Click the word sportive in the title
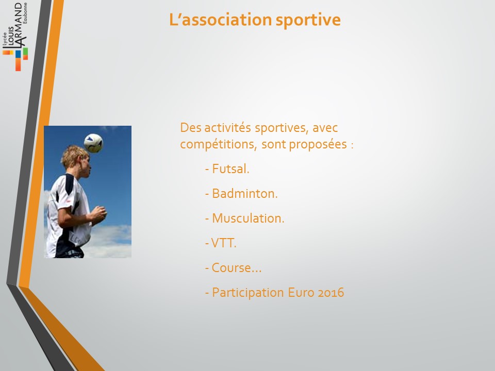point(308,20)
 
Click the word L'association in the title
point(220,20)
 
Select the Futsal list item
point(227,169)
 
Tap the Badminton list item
point(241,193)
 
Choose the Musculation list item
point(244,218)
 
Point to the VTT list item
point(221,243)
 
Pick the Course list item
point(233,267)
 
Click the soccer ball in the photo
point(93,143)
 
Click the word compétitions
point(218,145)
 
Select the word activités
point(227,128)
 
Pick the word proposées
point(318,145)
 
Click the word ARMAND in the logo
point(20,25)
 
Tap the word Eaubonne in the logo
point(25,13)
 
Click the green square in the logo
point(25,53)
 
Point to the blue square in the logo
point(18,54)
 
